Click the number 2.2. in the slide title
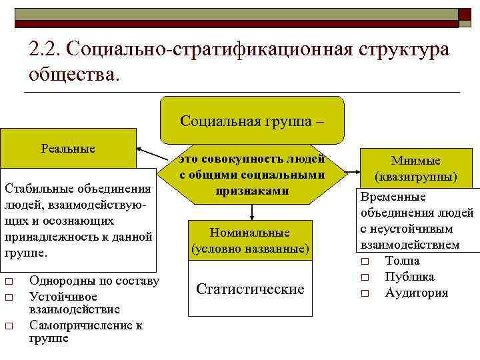[45, 50]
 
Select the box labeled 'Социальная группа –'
[252, 121]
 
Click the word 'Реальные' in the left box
[68, 149]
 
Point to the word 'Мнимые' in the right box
[415, 161]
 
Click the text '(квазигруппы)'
[415, 177]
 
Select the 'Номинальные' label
[250, 233]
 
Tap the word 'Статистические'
[250, 289]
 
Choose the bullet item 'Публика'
[409, 276]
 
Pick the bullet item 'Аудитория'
[417, 293]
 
